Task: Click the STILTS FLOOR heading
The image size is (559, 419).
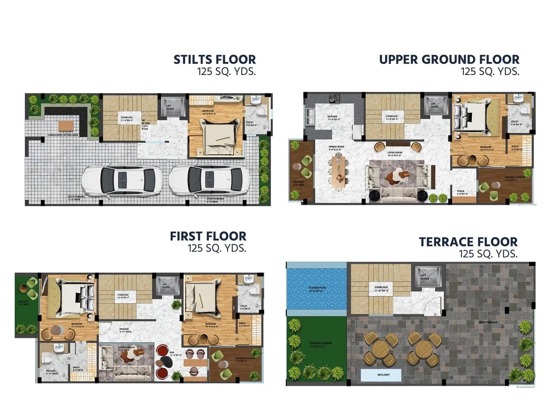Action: (x=215, y=60)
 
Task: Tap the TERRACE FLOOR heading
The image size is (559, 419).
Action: (x=468, y=242)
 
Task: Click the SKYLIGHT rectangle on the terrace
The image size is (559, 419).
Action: (x=383, y=375)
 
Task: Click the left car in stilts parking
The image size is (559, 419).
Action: (x=122, y=180)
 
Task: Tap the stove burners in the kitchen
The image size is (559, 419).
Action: (x=334, y=99)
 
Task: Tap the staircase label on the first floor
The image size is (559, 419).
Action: (x=123, y=296)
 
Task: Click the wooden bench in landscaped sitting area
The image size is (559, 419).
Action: (x=66, y=125)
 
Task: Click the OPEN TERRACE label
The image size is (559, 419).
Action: (x=488, y=322)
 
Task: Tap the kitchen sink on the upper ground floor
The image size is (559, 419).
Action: (x=310, y=116)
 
